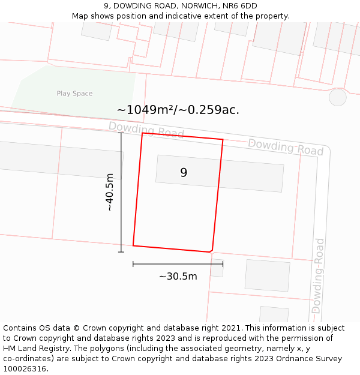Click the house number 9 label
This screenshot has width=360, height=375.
tap(184, 173)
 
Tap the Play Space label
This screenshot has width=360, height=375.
tap(74, 94)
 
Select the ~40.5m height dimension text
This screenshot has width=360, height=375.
tap(109, 192)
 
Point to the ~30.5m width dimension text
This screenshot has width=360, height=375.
tap(178, 277)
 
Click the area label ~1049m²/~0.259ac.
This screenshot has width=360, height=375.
tap(178, 110)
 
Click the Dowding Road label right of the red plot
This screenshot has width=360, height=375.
tap(286, 147)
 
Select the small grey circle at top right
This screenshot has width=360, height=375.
tap(338, 97)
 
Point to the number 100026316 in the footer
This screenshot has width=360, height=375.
tap(25, 369)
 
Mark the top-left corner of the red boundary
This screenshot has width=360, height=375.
tap(142, 133)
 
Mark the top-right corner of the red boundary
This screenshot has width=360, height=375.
tap(223, 140)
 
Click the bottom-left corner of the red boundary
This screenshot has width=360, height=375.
tap(133, 245)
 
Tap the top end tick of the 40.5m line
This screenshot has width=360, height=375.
tap(121, 133)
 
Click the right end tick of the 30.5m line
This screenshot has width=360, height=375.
tap(223, 263)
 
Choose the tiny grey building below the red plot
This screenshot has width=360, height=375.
tap(217, 268)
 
